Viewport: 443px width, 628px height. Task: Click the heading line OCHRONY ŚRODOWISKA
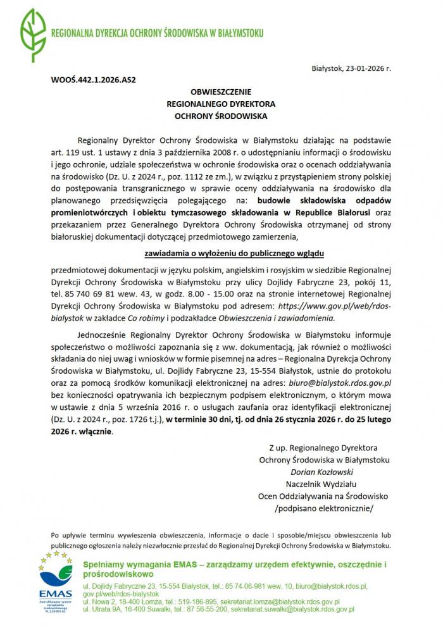pyautogui.click(x=221, y=116)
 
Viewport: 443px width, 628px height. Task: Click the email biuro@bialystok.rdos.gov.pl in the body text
pyautogui.click(x=340, y=383)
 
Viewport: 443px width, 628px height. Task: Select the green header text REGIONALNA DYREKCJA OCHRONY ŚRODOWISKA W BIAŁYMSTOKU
pyautogui.click(x=158, y=33)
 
